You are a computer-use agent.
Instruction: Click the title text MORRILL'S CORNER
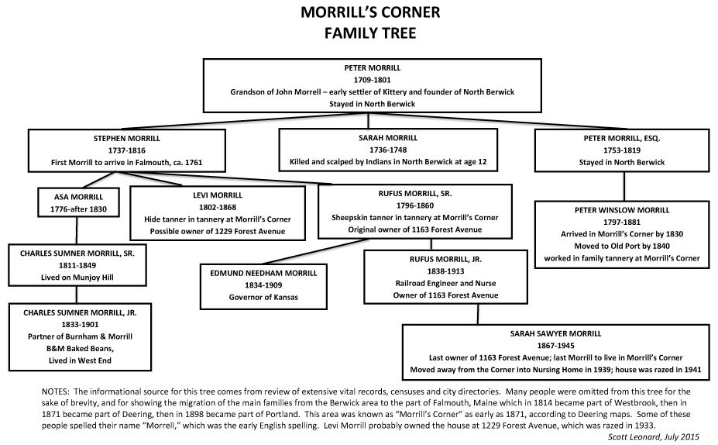(359, 13)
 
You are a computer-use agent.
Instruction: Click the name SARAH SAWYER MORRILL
(555, 333)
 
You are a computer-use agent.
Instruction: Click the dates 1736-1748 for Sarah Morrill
(386, 150)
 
